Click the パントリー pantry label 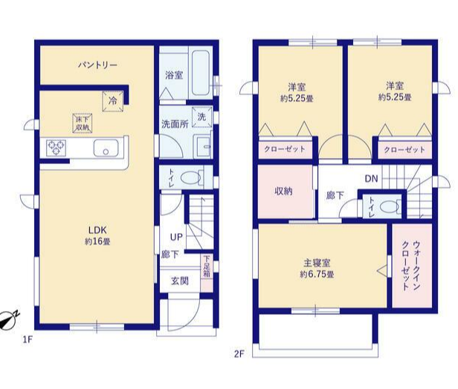[x=97, y=65]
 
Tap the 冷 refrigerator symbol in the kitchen [x=113, y=101]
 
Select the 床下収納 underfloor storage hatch [x=83, y=123]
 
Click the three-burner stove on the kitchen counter [x=56, y=148]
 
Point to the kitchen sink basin [x=106, y=148]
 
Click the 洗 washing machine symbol [x=201, y=117]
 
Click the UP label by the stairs [x=176, y=237]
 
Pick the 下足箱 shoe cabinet [x=207, y=270]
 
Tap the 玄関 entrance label [x=180, y=281]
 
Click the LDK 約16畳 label [x=97, y=236]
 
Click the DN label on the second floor [x=371, y=178]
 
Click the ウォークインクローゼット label [x=411, y=265]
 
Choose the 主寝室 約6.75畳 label [x=317, y=269]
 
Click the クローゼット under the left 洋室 [x=285, y=150]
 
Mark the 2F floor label [x=239, y=354]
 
